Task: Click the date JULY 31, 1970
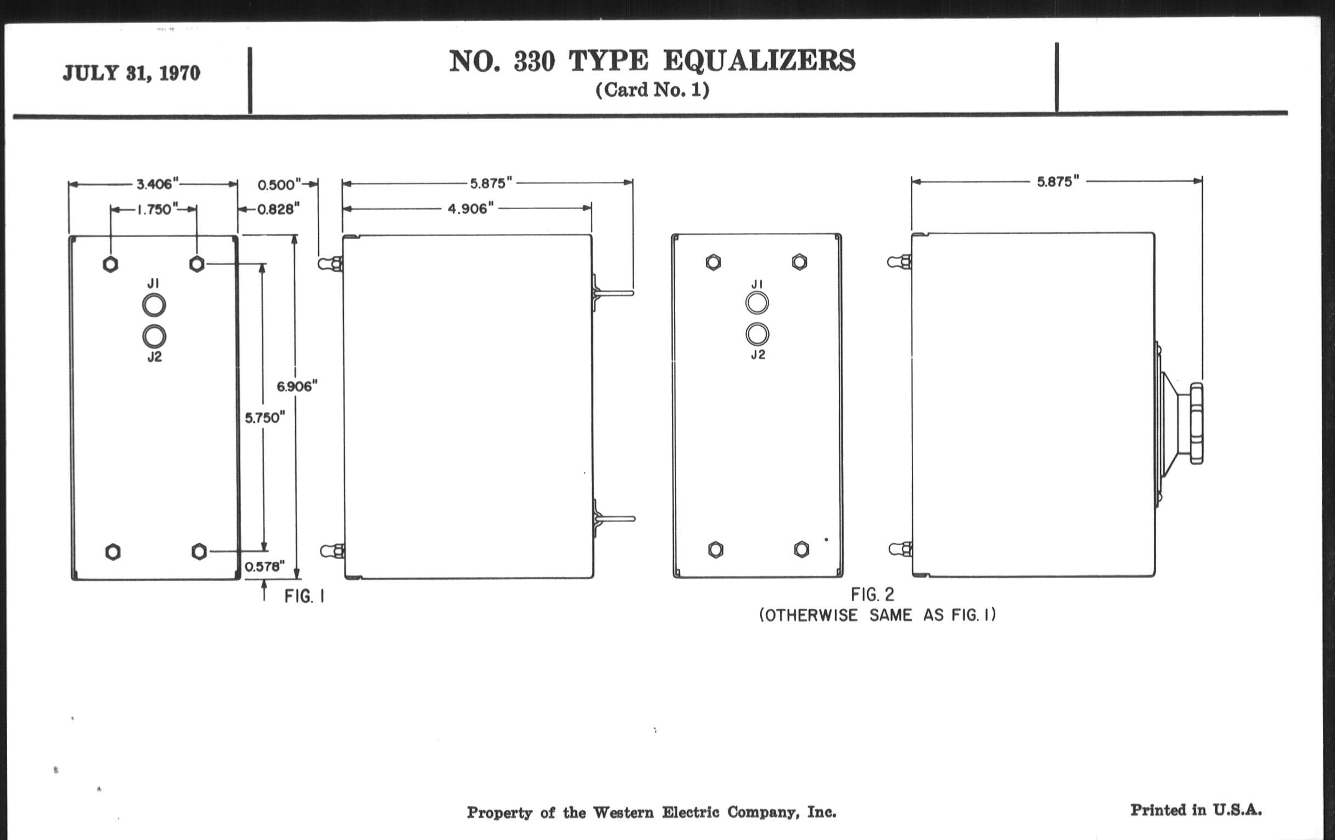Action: click(131, 73)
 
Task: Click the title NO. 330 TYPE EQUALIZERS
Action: click(652, 60)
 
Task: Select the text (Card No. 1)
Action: click(653, 90)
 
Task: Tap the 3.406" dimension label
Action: click(158, 183)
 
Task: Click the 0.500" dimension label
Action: click(280, 184)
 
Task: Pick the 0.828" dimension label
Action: click(278, 209)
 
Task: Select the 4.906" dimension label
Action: click(470, 209)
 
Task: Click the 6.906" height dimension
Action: click(297, 387)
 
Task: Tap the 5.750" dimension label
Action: click(265, 417)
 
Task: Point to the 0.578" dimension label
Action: click(265, 566)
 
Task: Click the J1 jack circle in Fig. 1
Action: click(154, 305)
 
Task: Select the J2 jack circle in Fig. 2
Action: click(758, 334)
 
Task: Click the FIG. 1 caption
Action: click(304, 597)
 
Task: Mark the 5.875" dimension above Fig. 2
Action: click(1058, 182)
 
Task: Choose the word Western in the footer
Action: click(623, 813)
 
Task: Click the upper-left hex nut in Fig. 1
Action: click(110, 264)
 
